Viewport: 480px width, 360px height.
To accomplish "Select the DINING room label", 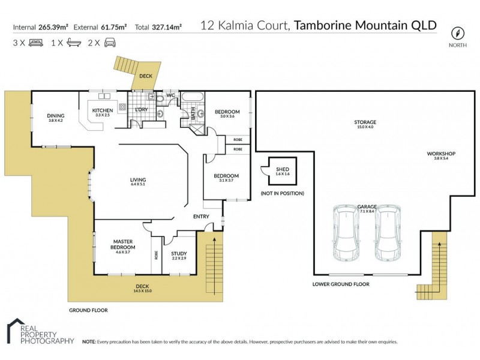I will coord(55,116).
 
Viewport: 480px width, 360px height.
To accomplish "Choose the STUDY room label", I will coord(178,254).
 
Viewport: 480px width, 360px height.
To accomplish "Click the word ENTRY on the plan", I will coord(200,217).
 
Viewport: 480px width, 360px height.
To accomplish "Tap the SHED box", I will coord(282,171).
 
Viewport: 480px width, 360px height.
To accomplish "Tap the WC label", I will coord(170,95).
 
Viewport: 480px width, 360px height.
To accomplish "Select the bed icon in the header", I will coord(35,43).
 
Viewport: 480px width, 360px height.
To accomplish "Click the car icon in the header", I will coord(109,43).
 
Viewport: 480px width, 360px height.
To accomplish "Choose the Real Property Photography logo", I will coord(39,332).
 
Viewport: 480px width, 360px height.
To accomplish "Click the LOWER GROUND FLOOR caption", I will coord(340,284).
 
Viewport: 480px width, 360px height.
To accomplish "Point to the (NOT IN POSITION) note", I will coord(282,193).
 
